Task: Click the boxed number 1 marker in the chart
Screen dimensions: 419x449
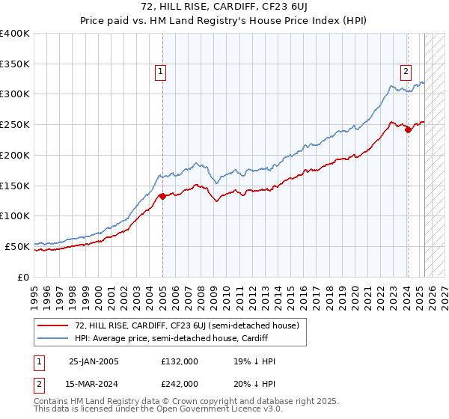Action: (x=161, y=73)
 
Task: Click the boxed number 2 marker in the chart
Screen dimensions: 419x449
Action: (x=406, y=73)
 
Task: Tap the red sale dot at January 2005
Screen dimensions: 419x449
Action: (x=162, y=197)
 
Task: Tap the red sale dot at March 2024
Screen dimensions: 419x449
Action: (x=408, y=129)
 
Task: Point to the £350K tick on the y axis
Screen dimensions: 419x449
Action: (x=15, y=64)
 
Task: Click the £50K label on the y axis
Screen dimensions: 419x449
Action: (x=17, y=246)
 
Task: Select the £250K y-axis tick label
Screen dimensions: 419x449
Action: (x=15, y=125)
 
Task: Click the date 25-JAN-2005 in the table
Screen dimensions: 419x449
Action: (x=94, y=361)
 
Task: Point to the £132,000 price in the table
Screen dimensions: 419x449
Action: (x=179, y=361)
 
